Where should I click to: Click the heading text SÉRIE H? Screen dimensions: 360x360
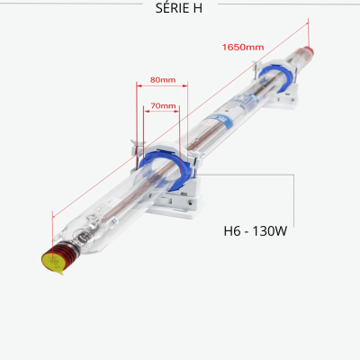click(179, 8)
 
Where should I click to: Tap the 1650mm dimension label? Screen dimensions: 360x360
click(243, 47)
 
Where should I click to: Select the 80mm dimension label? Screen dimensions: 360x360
click(163, 80)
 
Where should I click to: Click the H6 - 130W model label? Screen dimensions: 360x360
click(256, 231)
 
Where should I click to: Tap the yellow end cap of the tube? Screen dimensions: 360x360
click(52, 262)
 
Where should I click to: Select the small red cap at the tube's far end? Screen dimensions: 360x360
click(309, 51)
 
